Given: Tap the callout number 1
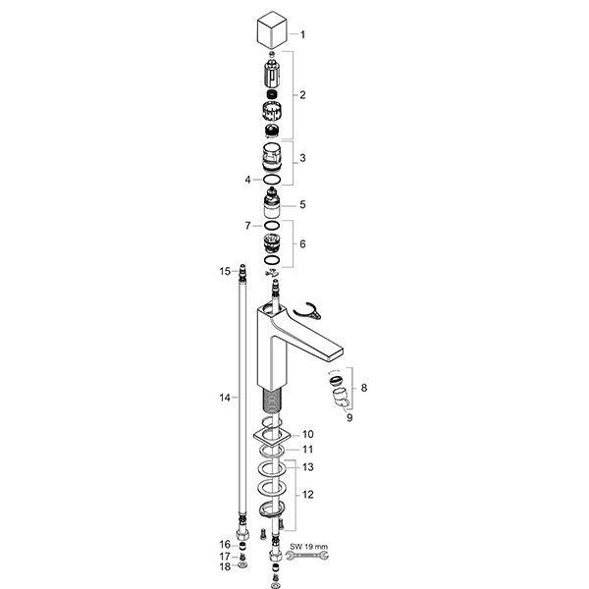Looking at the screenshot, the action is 302,34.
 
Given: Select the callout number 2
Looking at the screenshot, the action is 302,95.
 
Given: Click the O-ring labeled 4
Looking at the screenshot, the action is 272,180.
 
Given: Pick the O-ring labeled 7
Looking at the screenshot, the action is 272,226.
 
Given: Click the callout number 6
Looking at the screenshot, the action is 302,244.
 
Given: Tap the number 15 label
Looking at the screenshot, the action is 225,271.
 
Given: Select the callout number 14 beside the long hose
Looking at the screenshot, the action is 225,398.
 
